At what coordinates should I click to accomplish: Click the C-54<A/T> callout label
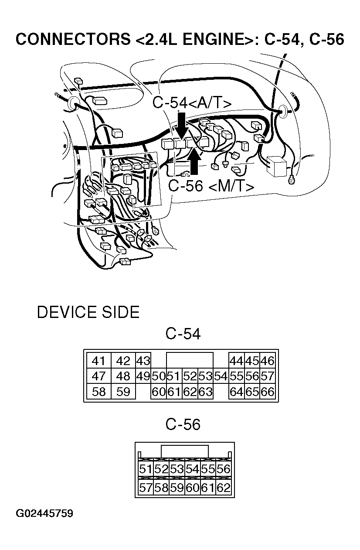191,103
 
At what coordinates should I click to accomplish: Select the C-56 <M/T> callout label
211,186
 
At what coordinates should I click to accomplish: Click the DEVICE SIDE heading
88,312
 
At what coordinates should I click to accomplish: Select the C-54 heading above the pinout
183,334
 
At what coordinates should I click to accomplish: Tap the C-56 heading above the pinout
183,424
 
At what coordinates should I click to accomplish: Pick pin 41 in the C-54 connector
99,361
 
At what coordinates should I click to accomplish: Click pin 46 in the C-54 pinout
267,361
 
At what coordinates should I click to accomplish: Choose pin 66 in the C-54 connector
267,392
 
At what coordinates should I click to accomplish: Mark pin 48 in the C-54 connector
123,376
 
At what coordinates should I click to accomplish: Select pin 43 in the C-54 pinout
143,361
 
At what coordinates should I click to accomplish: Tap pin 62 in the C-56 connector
223,488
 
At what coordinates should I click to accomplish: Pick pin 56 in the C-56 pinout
223,469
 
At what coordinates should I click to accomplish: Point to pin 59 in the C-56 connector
177,488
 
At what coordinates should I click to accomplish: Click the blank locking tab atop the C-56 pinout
185,451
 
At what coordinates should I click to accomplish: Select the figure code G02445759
45,513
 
